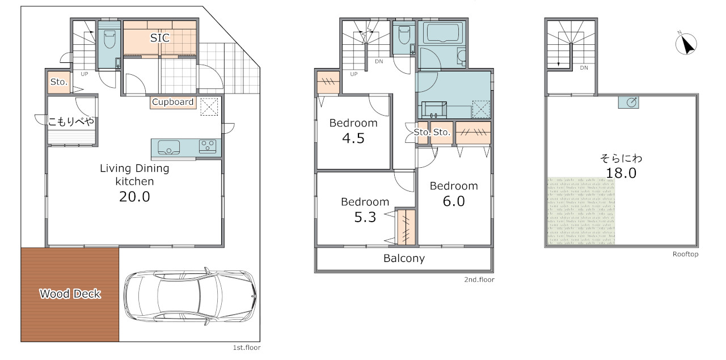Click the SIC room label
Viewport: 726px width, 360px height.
pos(160,38)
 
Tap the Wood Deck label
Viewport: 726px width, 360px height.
pos(70,294)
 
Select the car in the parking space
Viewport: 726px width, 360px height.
pos(190,296)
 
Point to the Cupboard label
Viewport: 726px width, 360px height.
pos(173,102)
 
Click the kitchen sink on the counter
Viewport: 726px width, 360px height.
pos(169,147)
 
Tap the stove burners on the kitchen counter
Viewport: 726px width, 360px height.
pos(208,146)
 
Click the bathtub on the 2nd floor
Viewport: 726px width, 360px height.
pos(442,32)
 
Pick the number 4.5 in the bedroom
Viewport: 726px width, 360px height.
pos(353,138)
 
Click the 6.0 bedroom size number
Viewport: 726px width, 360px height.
pos(454,201)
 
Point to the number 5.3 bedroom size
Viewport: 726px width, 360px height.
pos(365,217)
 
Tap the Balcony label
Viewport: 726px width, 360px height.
pos(404,259)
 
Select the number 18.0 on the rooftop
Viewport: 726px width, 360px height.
pos(621,173)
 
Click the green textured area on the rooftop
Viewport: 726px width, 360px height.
pos(581,211)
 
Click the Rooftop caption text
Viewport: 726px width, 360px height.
pos(685,254)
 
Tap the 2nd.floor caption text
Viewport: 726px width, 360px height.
pos(479,279)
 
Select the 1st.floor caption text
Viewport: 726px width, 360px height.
pos(247,348)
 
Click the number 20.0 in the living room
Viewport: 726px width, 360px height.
pos(134,197)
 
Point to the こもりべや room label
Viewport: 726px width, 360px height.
pos(71,121)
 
